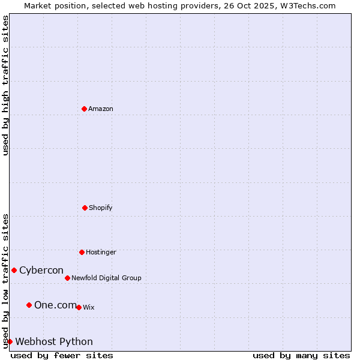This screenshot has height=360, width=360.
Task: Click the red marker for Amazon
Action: (x=85, y=109)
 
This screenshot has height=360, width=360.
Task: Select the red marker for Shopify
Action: (x=85, y=208)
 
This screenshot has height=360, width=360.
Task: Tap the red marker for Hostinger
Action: (x=82, y=252)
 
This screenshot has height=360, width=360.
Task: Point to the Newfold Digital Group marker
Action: (x=67, y=278)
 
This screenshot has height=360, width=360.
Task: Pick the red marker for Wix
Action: (x=79, y=307)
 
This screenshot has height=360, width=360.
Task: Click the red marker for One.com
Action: (x=29, y=305)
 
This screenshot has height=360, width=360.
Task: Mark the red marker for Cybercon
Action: (x=14, y=270)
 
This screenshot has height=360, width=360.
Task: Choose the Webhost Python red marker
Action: (x=10, y=341)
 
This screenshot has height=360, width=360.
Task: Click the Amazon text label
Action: (x=101, y=109)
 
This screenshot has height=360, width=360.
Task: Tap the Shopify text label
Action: (x=101, y=208)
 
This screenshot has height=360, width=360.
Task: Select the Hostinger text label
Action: (x=101, y=252)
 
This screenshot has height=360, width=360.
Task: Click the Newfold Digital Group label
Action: (x=106, y=278)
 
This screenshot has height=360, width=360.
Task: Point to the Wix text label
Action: (x=89, y=307)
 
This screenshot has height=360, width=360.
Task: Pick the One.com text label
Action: (x=55, y=305)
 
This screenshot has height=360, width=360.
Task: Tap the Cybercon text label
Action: (x=41, y=270)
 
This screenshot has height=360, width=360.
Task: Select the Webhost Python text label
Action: (x=54, y=341)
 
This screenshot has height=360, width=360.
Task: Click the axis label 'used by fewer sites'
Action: (x=62, y=355)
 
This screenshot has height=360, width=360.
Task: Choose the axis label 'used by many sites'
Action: (x=301, y=355)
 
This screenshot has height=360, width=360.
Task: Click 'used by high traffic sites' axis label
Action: (x=5, y=85)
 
